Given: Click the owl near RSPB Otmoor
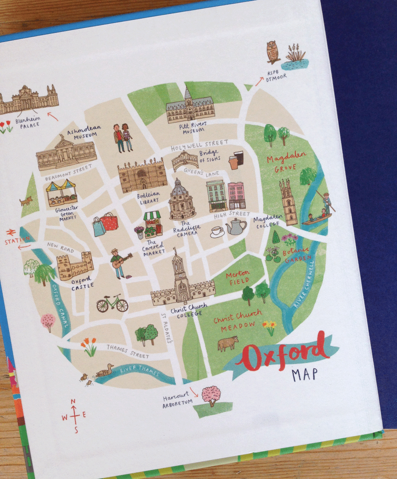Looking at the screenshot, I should pos(273,52).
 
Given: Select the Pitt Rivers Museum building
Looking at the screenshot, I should pos(190,106).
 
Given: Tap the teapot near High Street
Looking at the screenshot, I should pos(236,226).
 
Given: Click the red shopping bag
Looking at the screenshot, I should pos(109,222).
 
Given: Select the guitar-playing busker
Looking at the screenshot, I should pos(118,262).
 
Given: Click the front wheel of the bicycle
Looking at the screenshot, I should pos(121,306).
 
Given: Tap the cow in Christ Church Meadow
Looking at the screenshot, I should pos(228,343).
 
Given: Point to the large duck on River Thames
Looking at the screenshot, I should pos(105,372).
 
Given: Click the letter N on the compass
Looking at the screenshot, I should pos(73,402).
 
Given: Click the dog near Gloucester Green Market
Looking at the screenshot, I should pos(26,201).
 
